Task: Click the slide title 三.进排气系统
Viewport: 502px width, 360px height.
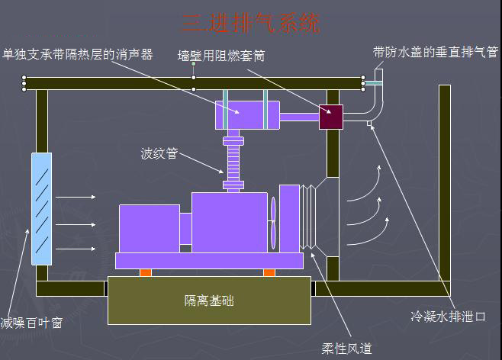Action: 251,22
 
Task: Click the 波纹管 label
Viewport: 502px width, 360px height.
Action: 159,153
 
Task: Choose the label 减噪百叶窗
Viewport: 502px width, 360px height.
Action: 31,323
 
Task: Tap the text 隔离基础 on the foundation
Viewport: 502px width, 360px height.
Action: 209,300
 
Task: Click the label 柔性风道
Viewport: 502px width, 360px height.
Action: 346,349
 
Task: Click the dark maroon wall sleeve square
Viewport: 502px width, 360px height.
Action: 332,117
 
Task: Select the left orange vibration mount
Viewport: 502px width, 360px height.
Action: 146,272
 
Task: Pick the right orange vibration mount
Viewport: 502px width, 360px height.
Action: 269,272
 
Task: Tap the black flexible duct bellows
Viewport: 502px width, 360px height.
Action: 309,217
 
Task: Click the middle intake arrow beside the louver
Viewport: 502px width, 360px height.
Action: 76,224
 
